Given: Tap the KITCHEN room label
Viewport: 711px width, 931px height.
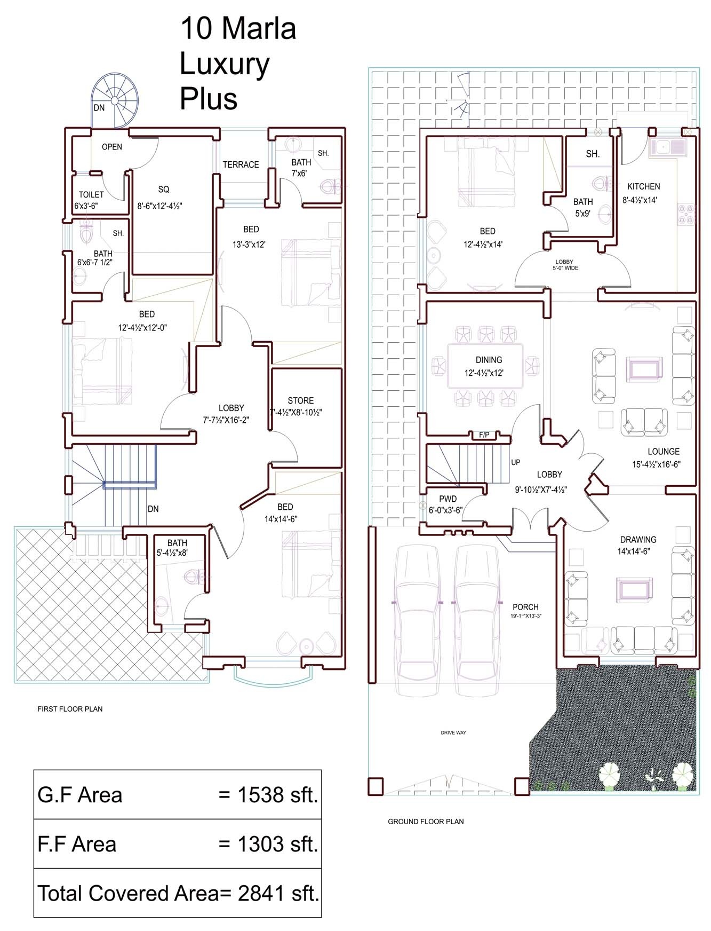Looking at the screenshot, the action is click(643, 186).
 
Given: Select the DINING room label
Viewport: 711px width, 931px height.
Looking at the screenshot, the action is click(489, 360).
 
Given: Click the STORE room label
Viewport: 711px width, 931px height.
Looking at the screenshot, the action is click(300, 400).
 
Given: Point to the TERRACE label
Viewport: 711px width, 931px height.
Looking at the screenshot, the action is click(241, 164).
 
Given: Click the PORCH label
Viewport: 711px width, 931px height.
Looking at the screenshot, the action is click(525, 607).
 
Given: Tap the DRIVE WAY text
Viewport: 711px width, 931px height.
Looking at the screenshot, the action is click(453, 732).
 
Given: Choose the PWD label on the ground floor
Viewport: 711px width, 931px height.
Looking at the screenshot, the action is click(448, 499).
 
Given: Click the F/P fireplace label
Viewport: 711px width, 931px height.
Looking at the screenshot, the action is click(484, 435).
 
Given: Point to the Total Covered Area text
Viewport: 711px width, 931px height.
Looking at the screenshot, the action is click(127, 893).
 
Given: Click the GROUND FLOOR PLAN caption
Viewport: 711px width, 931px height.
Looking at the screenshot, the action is click(426, 822).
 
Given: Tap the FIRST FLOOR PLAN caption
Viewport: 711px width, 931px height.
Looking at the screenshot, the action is click(70, 709).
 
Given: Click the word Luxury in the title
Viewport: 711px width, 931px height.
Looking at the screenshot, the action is click(225, 65).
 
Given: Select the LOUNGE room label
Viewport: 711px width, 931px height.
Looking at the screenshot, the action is click(664, 451).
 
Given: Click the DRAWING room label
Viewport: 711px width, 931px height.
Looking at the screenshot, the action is click(638, 540).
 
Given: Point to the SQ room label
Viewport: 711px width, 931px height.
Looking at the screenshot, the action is click(164, 189).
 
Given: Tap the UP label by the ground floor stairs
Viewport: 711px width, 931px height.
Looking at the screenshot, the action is click(516, 462).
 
